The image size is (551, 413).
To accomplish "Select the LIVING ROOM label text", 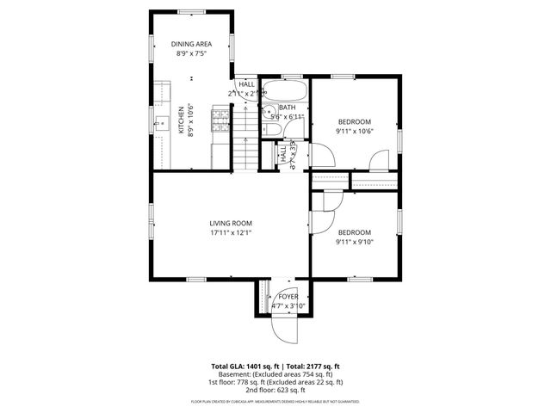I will (x=231, y=223).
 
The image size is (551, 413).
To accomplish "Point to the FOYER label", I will (x=287, y=296).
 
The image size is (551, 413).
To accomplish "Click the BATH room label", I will (x=287, y=108).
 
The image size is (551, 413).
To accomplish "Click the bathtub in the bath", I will (x=284, y=89).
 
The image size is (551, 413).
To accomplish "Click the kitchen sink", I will (x=161, y=123).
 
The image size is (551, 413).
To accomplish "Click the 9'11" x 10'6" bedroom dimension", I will (x=354, y=131).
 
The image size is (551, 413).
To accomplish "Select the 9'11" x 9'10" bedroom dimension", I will (x=354, y=242).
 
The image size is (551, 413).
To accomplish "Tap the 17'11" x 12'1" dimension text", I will (x=231, y=232).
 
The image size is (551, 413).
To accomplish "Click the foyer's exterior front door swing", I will (x=284, y=330).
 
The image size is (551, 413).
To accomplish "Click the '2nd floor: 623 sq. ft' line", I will (x=275, y=389).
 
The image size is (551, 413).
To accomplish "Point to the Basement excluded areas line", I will (x=275, y=374).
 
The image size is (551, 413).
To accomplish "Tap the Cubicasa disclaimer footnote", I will (x=275, y=401).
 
